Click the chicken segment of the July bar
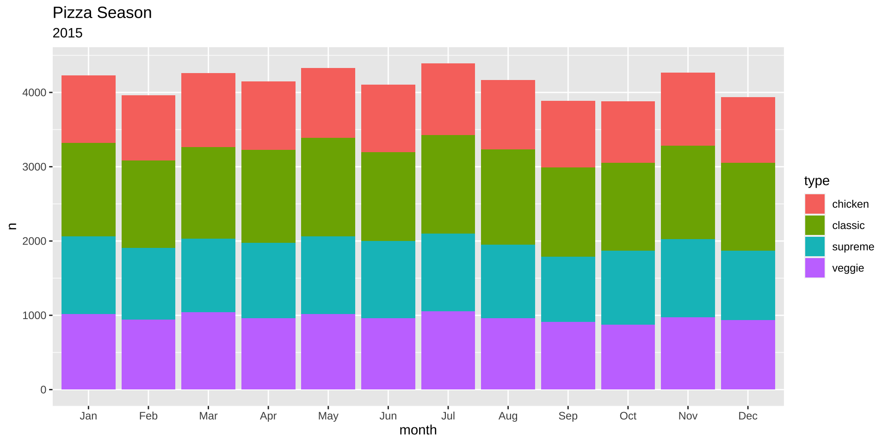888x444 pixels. [448, 99]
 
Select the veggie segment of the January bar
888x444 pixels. [88, 351]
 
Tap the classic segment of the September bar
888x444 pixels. [568, 212]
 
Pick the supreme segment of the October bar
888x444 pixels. [628, 287]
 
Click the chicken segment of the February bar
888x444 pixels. [148, 128]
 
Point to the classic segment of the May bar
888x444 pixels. [328, 187]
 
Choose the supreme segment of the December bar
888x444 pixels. [748, 285]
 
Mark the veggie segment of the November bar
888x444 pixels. [688, 353]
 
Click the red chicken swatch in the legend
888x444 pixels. [814, 204]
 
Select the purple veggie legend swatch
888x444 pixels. [814, 268]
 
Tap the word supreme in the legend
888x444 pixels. [853, 247]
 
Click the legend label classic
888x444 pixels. [848, 226]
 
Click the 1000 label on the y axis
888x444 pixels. [34, 315]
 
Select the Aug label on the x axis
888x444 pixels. [508, 416]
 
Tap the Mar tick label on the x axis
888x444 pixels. [208, 416]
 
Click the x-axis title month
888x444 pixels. [418, 430]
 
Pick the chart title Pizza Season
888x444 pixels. [102, 13]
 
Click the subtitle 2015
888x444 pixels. [68, 33]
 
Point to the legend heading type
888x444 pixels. [816, 181]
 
